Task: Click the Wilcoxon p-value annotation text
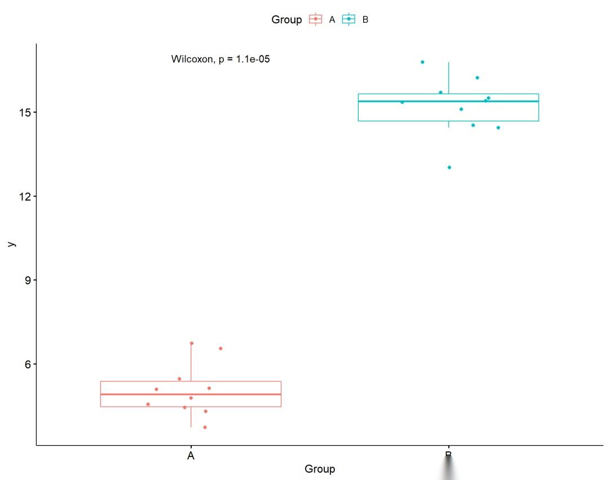click(220, 59)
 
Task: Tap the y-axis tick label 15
click(24, 112)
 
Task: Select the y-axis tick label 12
click(24, 196)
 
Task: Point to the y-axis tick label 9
click(27, 280)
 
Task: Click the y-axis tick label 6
click(27, 364)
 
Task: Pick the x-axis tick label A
click(191, 456)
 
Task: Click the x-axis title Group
click(320, 469)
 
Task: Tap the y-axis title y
click(11, 244)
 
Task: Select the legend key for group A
click(316, 19)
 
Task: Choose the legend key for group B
click(348, 19)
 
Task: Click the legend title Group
click(286, 20)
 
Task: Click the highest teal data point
click(422, 62)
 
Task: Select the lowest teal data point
click(449, 167)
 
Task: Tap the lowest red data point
click(205, 427)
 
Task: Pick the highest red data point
click(192, 343)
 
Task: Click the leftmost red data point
click(148, 404)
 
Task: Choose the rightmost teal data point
click(498, 127)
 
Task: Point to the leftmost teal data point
click(402, 102)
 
